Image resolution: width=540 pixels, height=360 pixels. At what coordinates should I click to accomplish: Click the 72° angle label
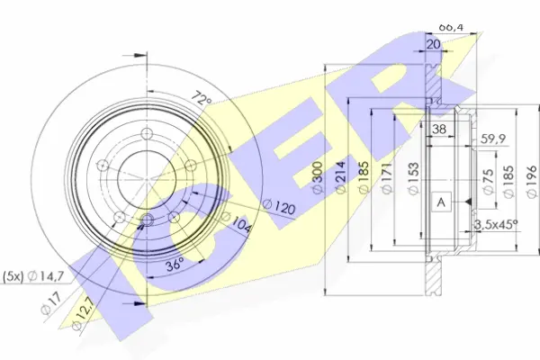pos(201,97)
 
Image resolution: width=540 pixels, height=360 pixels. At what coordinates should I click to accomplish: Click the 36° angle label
pos(175,265)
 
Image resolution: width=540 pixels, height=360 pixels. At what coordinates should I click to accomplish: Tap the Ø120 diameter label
pos(279,207)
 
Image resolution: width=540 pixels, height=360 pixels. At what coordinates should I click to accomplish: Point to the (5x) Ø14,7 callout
pos(33,276)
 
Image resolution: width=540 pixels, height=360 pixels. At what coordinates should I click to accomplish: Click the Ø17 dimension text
pos(51,303)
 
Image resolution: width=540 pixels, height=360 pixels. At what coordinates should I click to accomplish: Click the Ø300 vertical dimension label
pos(318,178)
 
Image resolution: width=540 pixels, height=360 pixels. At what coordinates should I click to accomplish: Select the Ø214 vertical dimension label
pos(340,178)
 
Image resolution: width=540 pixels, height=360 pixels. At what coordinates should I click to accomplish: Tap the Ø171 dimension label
pos(386,178)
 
